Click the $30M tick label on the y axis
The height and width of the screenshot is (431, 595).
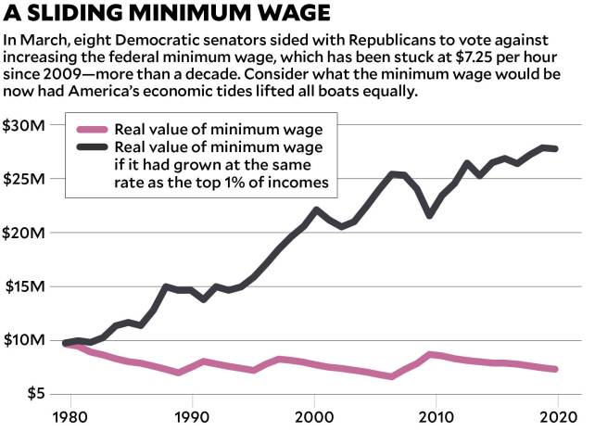[x=26, y=125]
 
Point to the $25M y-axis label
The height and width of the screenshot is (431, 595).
[x=26, y=179]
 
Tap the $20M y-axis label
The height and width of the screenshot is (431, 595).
[x=26, y=233]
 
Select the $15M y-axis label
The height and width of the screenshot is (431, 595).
[x=26, y=286]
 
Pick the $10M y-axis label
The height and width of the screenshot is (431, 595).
[x=26, y=340]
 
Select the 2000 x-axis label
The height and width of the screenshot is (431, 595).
[x=314, y=417]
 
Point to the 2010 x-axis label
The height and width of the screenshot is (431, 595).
[x=437, y=417]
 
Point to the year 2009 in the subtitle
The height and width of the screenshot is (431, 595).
[x=64, y=77]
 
